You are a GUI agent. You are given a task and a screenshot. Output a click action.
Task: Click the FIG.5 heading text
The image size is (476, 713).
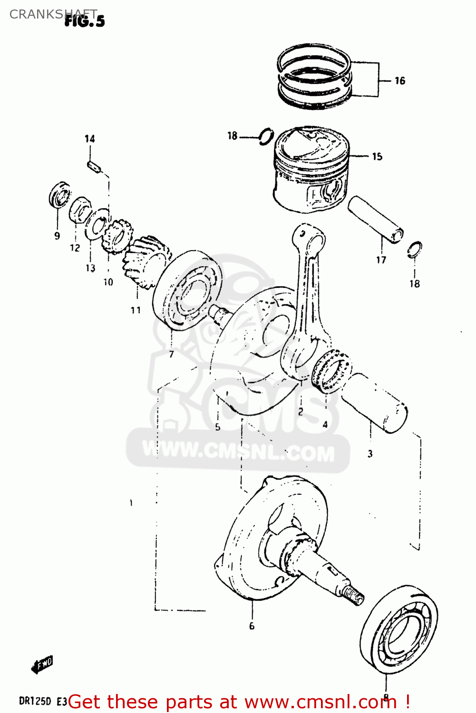pyautogui.click(x=84, y=21)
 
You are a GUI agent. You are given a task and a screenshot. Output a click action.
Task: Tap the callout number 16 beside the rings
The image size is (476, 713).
pyautogui.click(x=400, y=81)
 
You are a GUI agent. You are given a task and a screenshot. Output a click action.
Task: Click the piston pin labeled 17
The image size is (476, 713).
pyautogui.click(x=375, y=219)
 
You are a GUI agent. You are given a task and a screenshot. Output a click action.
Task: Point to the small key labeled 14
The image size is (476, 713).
pyautogui.click(x=93, y=167)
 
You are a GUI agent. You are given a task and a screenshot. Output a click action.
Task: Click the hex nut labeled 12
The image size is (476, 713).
pyautogui.click(x=80, y=210)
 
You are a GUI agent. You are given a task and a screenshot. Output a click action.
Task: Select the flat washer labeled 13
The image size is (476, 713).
pyautogui.click(x=97, y=224)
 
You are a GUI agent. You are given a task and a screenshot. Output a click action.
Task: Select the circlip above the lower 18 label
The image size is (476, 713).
pyautogui.click(x=414, y=250)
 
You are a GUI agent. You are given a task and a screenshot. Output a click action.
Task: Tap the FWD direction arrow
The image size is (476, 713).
pyautogui.click(x=42, y=664)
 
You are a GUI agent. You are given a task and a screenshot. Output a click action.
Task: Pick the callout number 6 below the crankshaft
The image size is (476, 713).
pyautogui.click(x=252, y=626)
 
